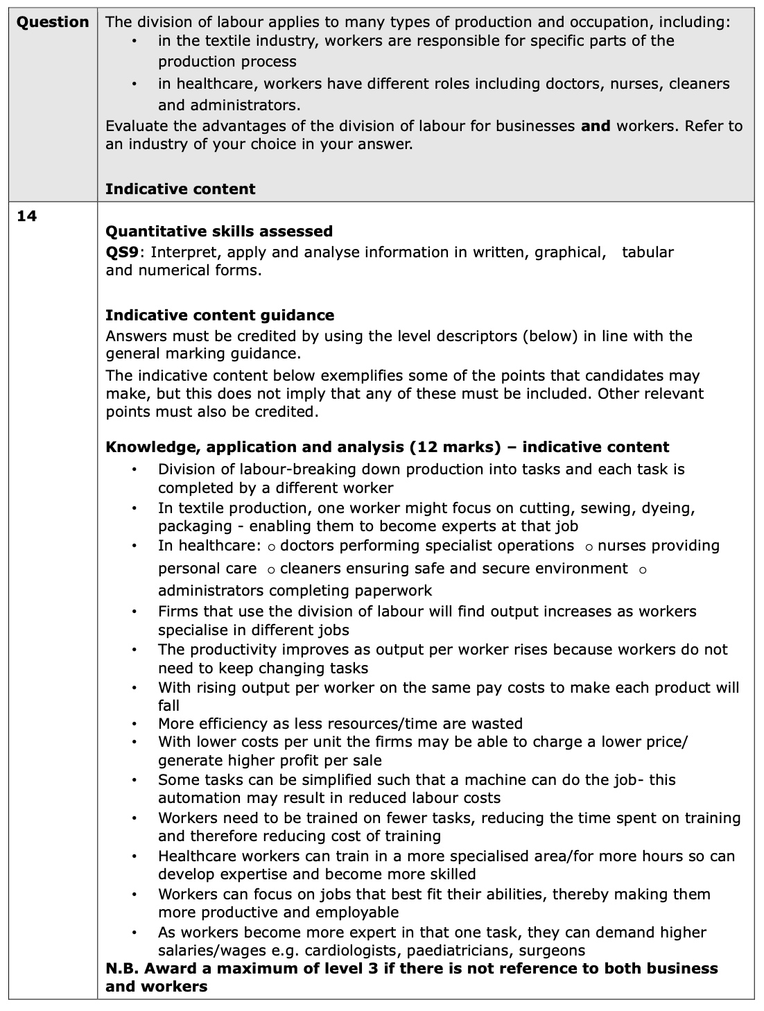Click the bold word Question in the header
point(53,21)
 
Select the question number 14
point(26,216)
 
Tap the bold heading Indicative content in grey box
point(180,189)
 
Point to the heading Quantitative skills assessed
point(219,231)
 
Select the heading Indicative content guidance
point(220,315)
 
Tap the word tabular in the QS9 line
point(648,252)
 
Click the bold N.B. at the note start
point(123,968)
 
